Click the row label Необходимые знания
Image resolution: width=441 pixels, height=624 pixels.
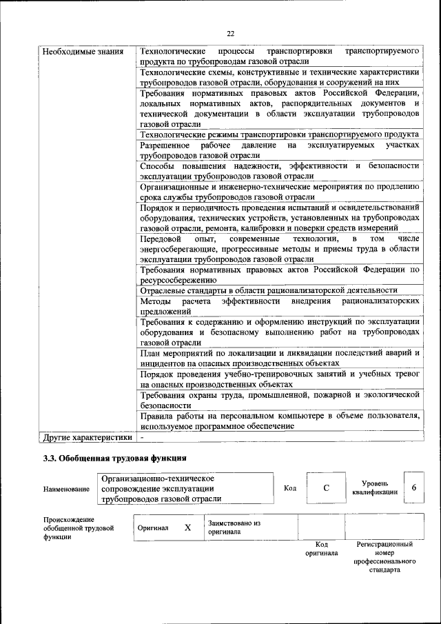(83, 52)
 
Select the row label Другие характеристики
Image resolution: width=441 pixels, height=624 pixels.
(87, 437)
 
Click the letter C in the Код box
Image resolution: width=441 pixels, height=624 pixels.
(326, 488)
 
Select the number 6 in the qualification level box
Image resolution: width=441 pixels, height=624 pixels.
(414, 487)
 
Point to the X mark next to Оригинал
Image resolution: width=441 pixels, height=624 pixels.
(187, 527)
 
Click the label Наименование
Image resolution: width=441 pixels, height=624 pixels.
(66, 489)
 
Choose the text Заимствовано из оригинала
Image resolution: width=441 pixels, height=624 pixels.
(234, 527)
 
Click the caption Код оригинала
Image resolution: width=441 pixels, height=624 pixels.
(321, 549)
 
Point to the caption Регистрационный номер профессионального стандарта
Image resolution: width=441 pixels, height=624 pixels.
(384, 557)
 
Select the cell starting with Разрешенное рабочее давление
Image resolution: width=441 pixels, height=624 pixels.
(279, 151)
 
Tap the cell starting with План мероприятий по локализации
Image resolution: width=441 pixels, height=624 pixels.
(279, 356)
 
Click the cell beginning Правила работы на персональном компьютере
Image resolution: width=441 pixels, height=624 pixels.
(279, 421)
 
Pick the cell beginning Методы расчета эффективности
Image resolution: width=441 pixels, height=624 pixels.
(279, 307)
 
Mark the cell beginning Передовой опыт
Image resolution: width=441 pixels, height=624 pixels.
(279, 248)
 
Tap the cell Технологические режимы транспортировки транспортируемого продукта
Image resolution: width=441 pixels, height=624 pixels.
(279, 134)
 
